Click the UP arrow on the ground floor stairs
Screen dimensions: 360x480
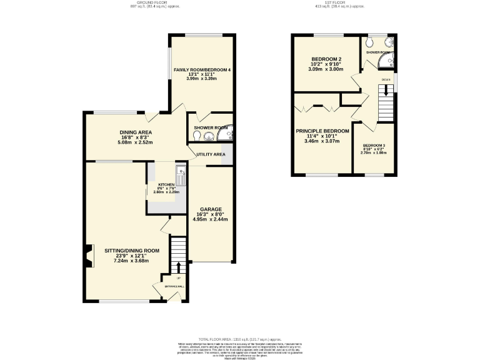179,269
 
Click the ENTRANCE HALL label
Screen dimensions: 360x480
174,286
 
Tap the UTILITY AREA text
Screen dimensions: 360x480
211,154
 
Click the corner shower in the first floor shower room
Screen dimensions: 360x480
392,60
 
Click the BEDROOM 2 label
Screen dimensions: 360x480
326,57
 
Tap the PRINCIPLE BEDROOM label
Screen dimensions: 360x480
322,131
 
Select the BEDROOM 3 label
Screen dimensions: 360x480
373,146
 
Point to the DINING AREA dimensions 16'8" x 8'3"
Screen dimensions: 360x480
136,137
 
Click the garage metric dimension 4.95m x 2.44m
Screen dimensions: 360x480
210,220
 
